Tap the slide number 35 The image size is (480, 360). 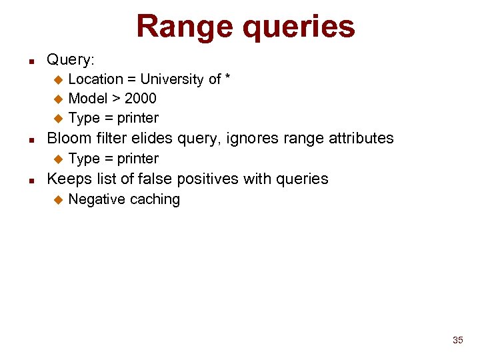pyautogui.click(x=457, y=340)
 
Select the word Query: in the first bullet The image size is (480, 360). pyautogui.click(x=70, y=60)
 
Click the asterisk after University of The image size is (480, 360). pyautogui.click(x=228, y=78)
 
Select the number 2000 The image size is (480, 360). pyautogui.click(x=140, y=99)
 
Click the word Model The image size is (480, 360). pyautogui.click(x=87, y=99)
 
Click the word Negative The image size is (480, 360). pyautogui.click(x=97, y=199)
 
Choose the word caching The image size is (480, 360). pyautogui.click(x=155, y=200)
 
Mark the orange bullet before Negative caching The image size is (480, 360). pyautogui.click(x=57, y=199)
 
